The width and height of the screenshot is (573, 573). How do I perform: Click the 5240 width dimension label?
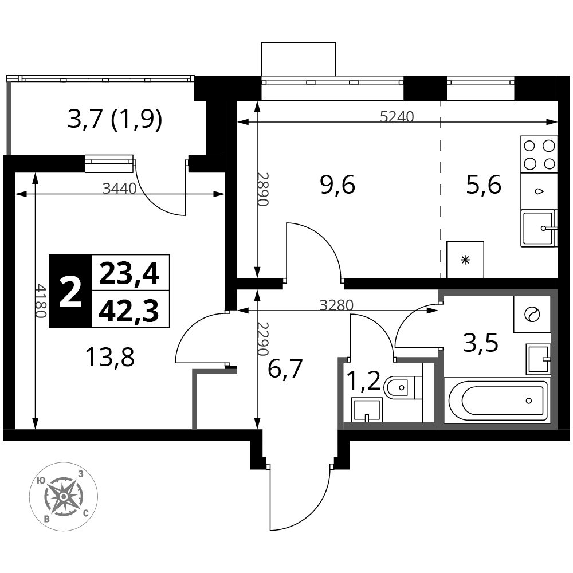point(397,116)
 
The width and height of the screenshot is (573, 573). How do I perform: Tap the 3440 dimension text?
point(120,189)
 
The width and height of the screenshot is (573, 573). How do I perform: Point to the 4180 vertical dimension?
point(41,301)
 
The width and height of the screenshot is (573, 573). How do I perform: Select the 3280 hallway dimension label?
point(336,305)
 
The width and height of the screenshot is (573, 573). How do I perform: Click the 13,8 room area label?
point(109,358)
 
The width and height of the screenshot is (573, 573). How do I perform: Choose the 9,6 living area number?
point(337,185)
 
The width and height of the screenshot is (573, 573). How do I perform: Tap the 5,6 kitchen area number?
point(484,185)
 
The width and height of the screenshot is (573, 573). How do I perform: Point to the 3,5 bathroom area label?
point(481,343)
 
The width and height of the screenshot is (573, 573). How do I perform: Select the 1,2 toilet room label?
point(363,382)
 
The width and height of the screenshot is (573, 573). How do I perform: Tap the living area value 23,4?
point(129,274)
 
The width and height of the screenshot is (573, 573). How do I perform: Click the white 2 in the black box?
point(70,291)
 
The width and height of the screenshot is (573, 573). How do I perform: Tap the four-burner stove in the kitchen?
point(539,155)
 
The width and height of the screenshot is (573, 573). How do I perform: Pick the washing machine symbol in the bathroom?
point(532,314)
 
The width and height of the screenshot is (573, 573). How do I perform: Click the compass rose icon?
point(64,497)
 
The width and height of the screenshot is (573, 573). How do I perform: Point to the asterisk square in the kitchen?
point(465,260)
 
